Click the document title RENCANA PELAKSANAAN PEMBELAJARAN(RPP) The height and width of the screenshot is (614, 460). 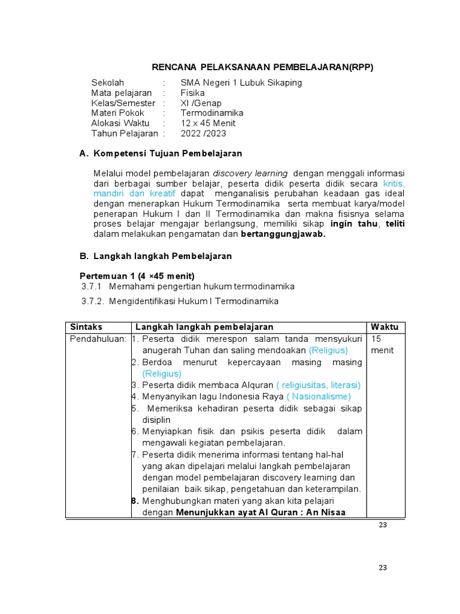261,67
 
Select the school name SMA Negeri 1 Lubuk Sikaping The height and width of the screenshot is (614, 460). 241,83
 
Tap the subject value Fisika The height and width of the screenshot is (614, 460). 192,93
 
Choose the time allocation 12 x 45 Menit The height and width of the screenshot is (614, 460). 208,124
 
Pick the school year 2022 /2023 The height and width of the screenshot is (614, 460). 204,134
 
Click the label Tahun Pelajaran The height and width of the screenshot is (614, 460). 125,134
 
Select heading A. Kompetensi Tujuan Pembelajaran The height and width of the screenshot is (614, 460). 161,154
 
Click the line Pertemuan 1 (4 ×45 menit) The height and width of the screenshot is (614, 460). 137,276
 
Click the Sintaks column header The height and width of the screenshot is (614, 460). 86,327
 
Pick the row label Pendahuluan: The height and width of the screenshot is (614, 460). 98,339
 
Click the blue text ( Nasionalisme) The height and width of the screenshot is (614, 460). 319,396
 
